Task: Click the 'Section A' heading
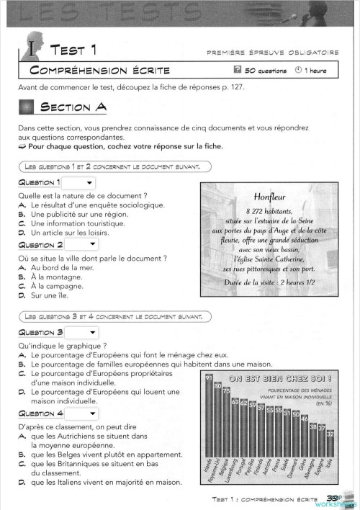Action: (73, 107)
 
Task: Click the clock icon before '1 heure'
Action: (299, 71)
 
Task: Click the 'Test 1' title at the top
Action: (73, 49)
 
